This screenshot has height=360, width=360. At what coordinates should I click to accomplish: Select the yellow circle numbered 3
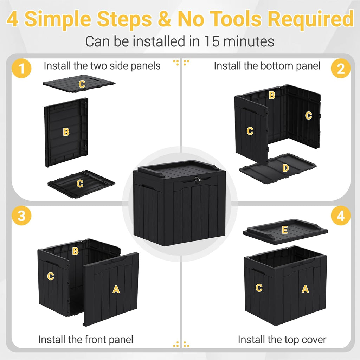click(x=22, y=216)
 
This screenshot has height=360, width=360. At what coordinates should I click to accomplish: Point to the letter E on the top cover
click(x=285, y=230)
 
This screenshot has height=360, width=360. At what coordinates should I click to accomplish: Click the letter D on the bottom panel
click(x=285, y=168)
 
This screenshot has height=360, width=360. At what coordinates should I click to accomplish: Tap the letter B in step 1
click(x=66, y=132)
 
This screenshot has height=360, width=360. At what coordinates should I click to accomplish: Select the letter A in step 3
click(x=116, y=289)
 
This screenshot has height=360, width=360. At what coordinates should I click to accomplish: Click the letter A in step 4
click(x=305, y=289)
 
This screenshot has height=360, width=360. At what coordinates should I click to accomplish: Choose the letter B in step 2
click(x=272, y=95)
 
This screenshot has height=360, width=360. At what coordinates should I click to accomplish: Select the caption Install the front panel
click(x=86, y=340)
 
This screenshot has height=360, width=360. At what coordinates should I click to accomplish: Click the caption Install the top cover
click(x=282, y=340)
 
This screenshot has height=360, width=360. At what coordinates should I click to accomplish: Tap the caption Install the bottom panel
click(x=267, y=66)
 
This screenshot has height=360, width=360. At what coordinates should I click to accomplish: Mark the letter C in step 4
click(x=259, y=288)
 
